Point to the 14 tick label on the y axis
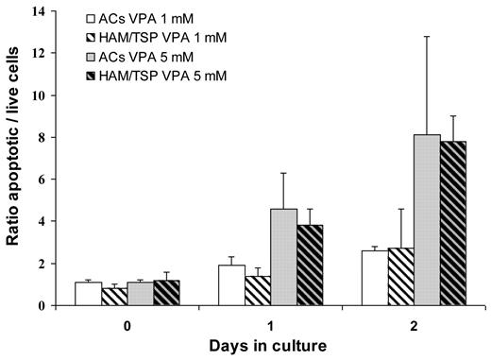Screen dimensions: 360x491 click(x=41, y=11)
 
